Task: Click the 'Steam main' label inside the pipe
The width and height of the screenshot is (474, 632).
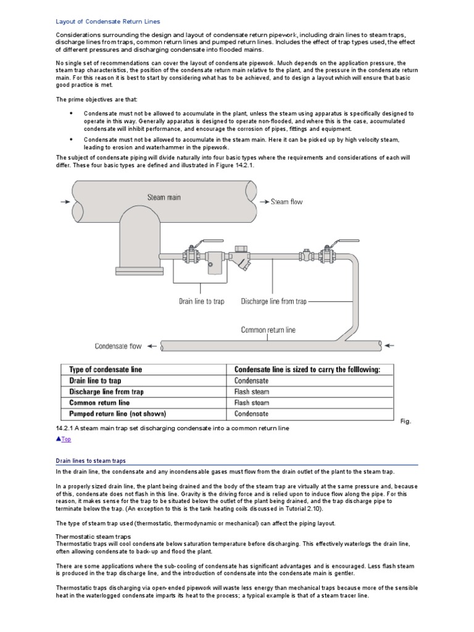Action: [165, 197]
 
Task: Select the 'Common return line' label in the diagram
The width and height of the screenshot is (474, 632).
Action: [268, 330]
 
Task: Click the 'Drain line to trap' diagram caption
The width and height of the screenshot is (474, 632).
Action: [201, 301]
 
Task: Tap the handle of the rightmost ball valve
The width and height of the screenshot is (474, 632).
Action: [334, 243]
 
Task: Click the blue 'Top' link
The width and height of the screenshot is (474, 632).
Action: [64, 439]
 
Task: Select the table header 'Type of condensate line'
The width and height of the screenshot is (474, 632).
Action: [105, 369]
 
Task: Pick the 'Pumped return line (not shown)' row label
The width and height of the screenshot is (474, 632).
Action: [117, 414]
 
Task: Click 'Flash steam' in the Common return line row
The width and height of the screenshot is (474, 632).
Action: [251, 402]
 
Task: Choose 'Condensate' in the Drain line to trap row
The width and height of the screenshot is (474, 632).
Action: [251, 380]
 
